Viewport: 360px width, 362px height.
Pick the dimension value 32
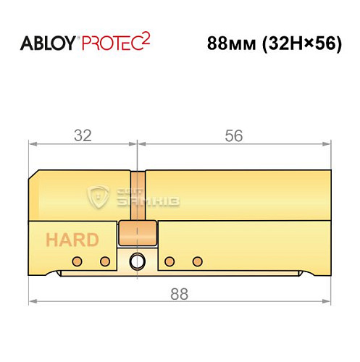click(81, 135)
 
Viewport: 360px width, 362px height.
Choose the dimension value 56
click(233, 135)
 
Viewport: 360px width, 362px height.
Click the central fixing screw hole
click(135, 262)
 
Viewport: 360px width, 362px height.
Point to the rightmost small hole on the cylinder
click(195, 261)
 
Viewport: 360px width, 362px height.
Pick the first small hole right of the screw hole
click(169, 261)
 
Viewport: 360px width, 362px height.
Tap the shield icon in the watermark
click(97, 195)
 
